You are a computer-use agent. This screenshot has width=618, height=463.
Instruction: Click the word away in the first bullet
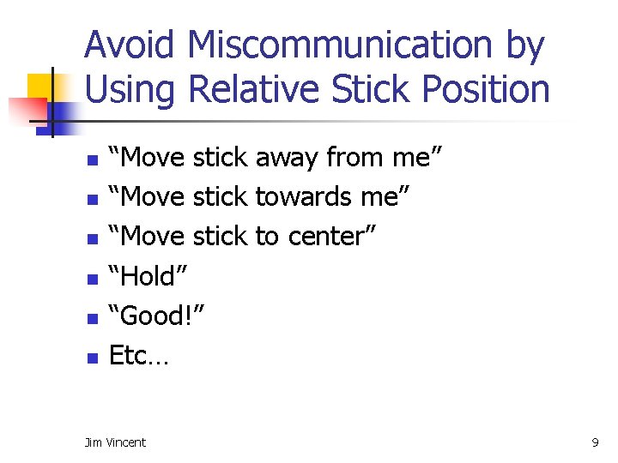[286, 158]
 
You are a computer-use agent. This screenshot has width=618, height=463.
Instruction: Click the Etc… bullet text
[139, 355]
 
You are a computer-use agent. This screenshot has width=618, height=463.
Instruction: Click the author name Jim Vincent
[115, 442]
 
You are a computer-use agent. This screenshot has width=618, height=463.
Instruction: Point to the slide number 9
[595, 442]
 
